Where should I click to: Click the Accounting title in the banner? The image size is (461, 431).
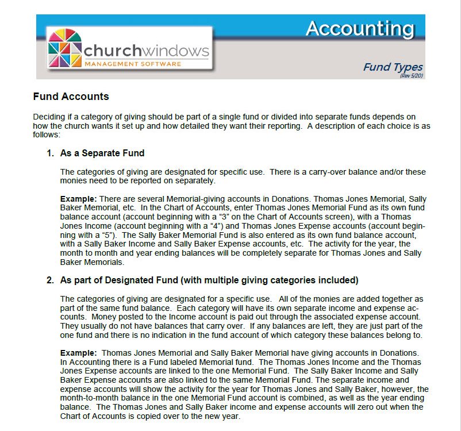359,28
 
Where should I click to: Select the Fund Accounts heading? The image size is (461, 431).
71,97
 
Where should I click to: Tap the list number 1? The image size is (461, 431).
49,153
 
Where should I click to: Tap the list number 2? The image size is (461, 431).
49,280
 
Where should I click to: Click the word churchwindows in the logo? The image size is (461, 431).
147,51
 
